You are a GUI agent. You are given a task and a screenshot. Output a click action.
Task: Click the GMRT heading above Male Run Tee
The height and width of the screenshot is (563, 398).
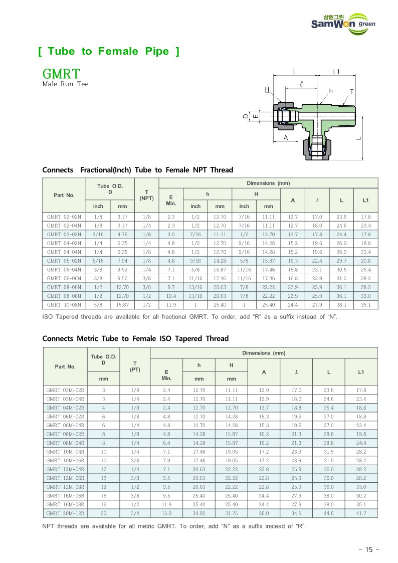[x=62, y=74]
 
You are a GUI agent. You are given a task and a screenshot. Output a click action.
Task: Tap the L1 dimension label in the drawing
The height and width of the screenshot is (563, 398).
[x=336, y=72]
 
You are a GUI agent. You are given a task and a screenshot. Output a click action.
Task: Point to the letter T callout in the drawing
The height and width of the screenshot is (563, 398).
[x=352, y=92]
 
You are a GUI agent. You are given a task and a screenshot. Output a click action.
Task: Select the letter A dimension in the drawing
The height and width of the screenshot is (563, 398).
[x=286, y=137]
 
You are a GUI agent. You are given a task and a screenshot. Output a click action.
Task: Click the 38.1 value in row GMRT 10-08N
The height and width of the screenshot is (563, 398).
[x=341, y=304]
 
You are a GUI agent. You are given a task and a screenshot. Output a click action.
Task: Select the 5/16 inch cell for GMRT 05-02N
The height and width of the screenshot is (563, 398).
[x=98, y=261]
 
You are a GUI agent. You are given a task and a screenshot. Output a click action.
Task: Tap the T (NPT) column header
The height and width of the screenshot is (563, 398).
[x=146, y=195]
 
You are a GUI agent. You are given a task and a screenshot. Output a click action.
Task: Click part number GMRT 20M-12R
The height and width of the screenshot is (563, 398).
[x=65, y=513]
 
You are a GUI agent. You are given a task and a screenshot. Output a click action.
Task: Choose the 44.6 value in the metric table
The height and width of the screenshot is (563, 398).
[x=328, y=513]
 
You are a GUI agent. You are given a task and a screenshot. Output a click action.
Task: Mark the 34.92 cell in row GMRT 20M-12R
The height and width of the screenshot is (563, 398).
[x=199, y=513]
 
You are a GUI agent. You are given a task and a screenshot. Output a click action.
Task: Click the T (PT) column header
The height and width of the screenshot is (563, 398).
[x=135, y=366]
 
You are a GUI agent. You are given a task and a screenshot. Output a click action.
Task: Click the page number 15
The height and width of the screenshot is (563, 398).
[x=369, y=549]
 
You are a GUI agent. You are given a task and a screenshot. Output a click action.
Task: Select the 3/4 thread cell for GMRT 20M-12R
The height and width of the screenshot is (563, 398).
[x=135, y=513]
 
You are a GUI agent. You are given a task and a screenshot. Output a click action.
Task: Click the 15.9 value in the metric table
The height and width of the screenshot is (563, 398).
[x=166, y=513]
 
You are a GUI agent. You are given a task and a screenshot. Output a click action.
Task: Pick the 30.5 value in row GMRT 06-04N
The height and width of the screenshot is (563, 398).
[x=341, y=269]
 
